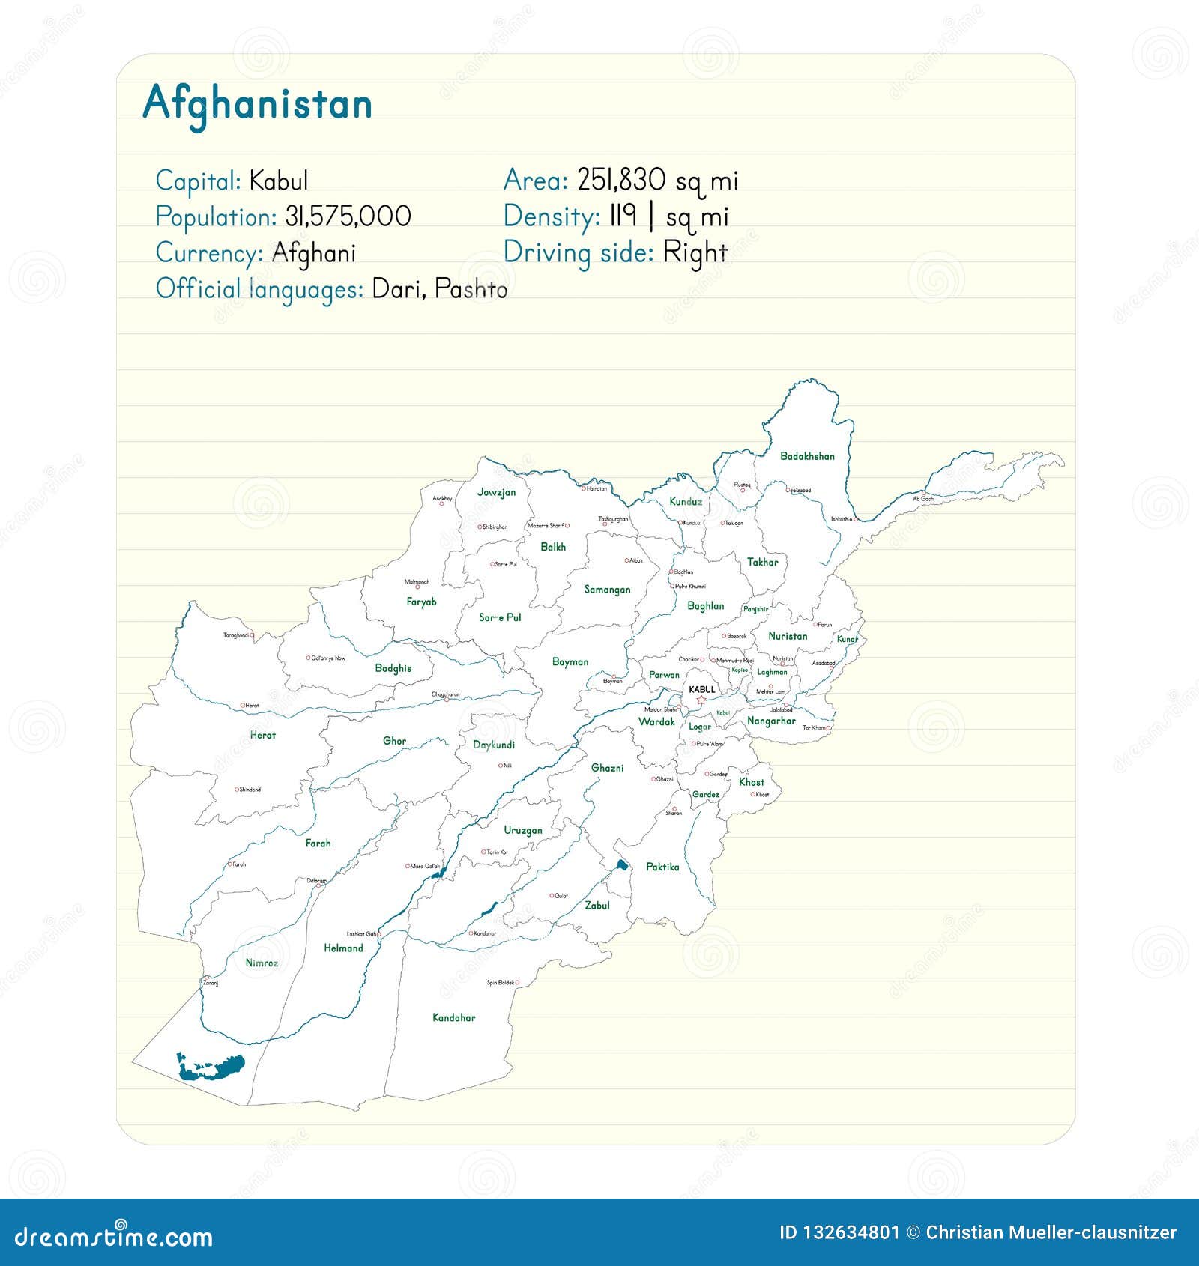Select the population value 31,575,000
(x=348, y=216)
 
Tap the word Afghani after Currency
(x=313, y=253)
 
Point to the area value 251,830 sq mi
(x=657, y=181)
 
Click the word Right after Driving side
(x=695, y=253)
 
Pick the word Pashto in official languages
(x=471, y=289)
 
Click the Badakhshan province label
(x=807, y=456)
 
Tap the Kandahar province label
(x=453, y=1017)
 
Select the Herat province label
(x=262, y=736)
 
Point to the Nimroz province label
(x=262, y=963)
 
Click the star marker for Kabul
(x=701, y=700)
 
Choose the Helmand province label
(x=343, y=948)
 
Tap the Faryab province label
(x=421, y=602)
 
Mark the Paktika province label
(x=662, y=867)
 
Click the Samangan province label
(x=607, y=590)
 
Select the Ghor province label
(x=394, y=742)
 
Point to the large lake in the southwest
(x=212, y=1067)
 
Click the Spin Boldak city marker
(x=517, y=982)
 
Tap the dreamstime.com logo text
(x=114, y=1236)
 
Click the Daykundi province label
(x=494, y=745)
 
